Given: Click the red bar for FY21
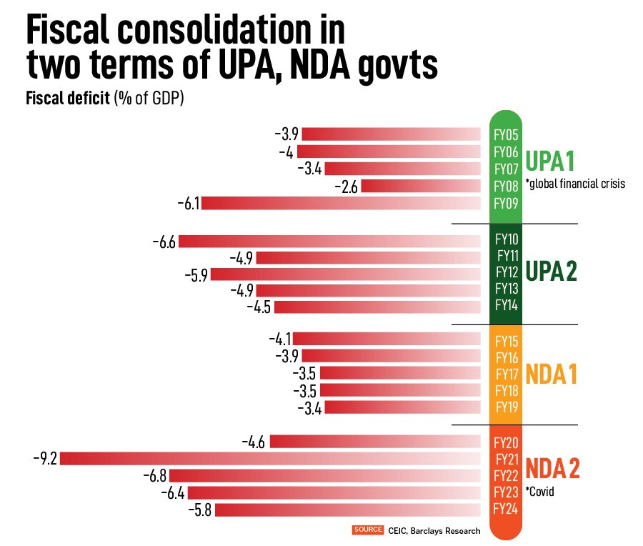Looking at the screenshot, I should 270,458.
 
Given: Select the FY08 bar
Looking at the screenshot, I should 421,187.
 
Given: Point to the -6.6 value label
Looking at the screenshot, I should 164,242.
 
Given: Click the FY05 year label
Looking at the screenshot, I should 506,134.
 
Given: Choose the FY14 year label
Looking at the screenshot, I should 506,307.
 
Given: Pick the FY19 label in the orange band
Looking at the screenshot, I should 506,408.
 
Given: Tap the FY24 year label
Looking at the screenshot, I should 506,509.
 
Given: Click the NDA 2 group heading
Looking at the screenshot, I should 553,468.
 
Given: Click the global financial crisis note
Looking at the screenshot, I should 575,184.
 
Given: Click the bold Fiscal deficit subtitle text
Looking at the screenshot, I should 68,99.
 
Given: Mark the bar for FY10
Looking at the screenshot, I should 329,242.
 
